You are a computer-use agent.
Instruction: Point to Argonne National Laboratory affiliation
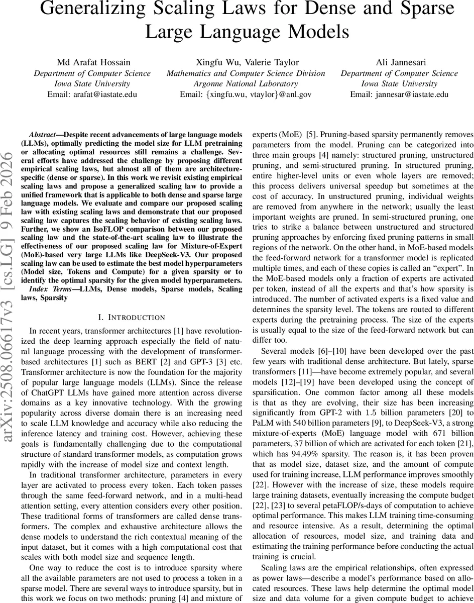click(x=246, y=83)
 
